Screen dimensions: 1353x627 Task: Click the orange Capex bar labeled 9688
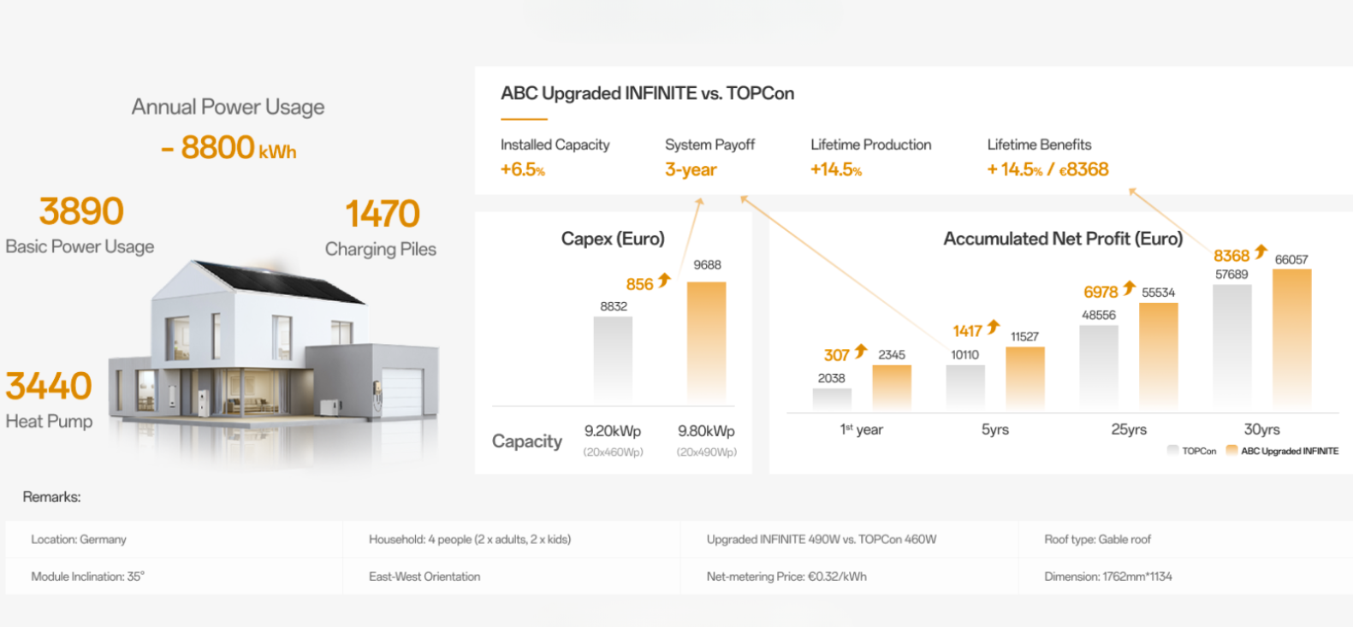(x=707, y=343)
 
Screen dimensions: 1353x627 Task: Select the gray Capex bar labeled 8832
(x=613, y=360)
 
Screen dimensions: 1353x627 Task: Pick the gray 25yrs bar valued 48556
(x=1099, y=368)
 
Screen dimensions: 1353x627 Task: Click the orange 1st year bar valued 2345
(x=892, y=388)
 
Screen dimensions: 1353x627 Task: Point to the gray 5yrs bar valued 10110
(x=965, y=388)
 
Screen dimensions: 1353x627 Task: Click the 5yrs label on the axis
(x=994, y=429)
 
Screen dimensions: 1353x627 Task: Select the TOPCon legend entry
(x=1192, y=451)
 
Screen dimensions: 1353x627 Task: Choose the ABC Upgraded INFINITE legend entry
(x=1282, y=451)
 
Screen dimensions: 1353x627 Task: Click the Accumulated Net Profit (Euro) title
(x=1063, y=239)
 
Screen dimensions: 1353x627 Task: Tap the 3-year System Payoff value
(x=691, y=169)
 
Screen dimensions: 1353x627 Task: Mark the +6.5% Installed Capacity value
(x=523, y=169)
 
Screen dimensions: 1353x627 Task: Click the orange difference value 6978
(x=1101, y=292)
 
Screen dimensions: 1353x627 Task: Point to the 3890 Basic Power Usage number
(x=81, y=210)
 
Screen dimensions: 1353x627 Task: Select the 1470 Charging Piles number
(x=383, y=214)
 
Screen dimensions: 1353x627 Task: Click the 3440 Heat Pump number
(x=49, y=386)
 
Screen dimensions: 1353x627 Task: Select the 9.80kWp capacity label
(x=706, y=431)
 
